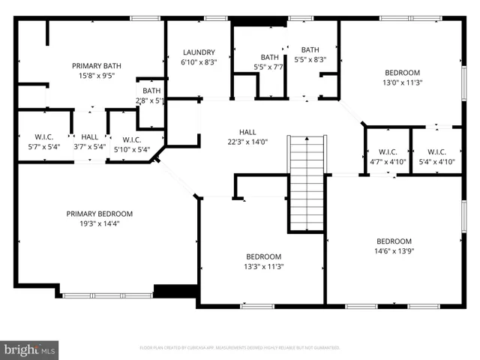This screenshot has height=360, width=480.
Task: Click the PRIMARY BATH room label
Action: (91, 65)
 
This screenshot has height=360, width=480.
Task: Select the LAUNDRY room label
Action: (199, 52)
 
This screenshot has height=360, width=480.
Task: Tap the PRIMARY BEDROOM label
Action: (99, 213)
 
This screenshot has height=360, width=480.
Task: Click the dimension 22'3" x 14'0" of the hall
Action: (247, 142)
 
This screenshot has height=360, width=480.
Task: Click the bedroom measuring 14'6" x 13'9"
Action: (394, 246)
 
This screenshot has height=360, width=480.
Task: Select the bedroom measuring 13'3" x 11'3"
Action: (263, 260)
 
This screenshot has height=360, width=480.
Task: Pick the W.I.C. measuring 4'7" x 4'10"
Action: (388, 156)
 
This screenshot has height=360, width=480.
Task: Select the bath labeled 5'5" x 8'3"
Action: (309, 54)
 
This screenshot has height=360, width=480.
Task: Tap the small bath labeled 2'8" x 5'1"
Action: (151, 95)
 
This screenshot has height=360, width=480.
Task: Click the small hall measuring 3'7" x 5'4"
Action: (89, 142)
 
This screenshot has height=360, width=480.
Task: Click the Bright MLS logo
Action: (30, 349)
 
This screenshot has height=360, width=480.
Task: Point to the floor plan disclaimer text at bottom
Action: (240, 348)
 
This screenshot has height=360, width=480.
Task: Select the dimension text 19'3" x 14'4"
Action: (99, 223)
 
